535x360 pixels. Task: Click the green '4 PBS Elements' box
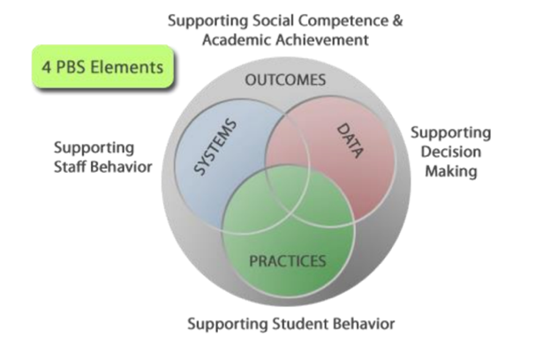pos(103,66)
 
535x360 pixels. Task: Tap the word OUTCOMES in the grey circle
pos(285,80)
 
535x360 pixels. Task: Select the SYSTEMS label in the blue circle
pos(215,147)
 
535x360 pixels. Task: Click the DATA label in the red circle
pos(350,141)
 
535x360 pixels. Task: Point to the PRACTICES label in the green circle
pos(288,261)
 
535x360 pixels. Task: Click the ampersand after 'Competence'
pos(397,20)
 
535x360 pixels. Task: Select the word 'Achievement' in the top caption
pos(322,40)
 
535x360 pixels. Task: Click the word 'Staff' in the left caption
pos(71,167)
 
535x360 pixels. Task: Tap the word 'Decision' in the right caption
pos(451,152)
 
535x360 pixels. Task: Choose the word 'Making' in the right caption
pos(451,171)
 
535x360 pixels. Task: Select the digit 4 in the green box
pos(47,67)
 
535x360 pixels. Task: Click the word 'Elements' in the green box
pos(127,67)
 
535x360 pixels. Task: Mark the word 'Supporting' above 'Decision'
pos(451,133)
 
